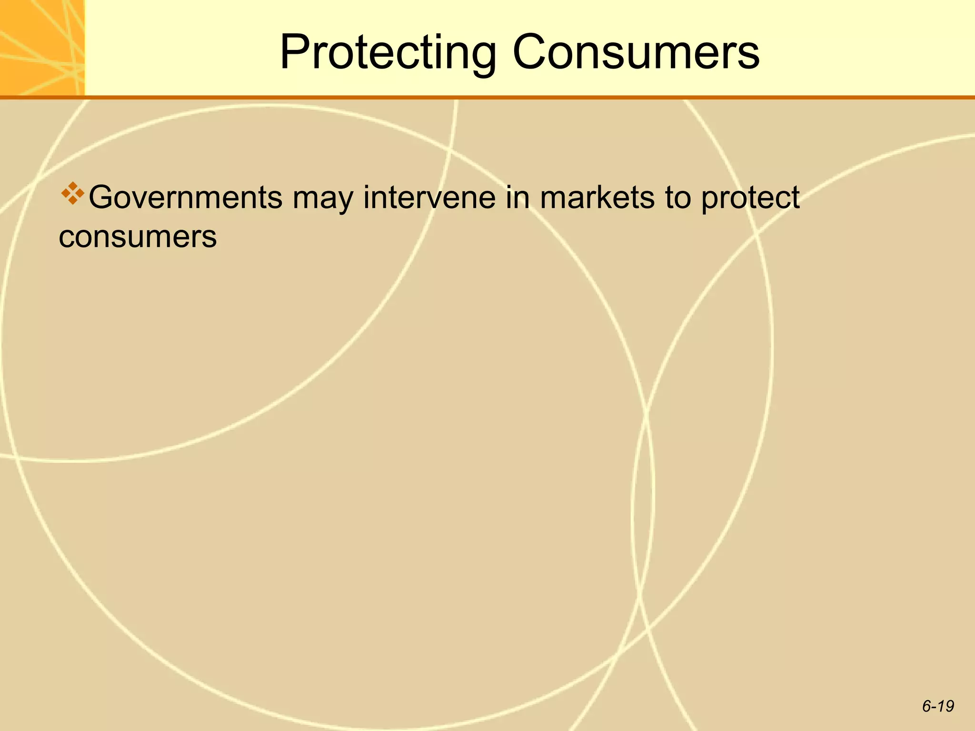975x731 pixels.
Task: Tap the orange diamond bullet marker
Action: pyautogui.click(x=72, y=193)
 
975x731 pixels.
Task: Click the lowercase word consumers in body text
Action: pyautogui.click(x=138, y=237)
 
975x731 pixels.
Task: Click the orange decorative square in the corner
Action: pyautogui.click(x=42, y=48)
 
